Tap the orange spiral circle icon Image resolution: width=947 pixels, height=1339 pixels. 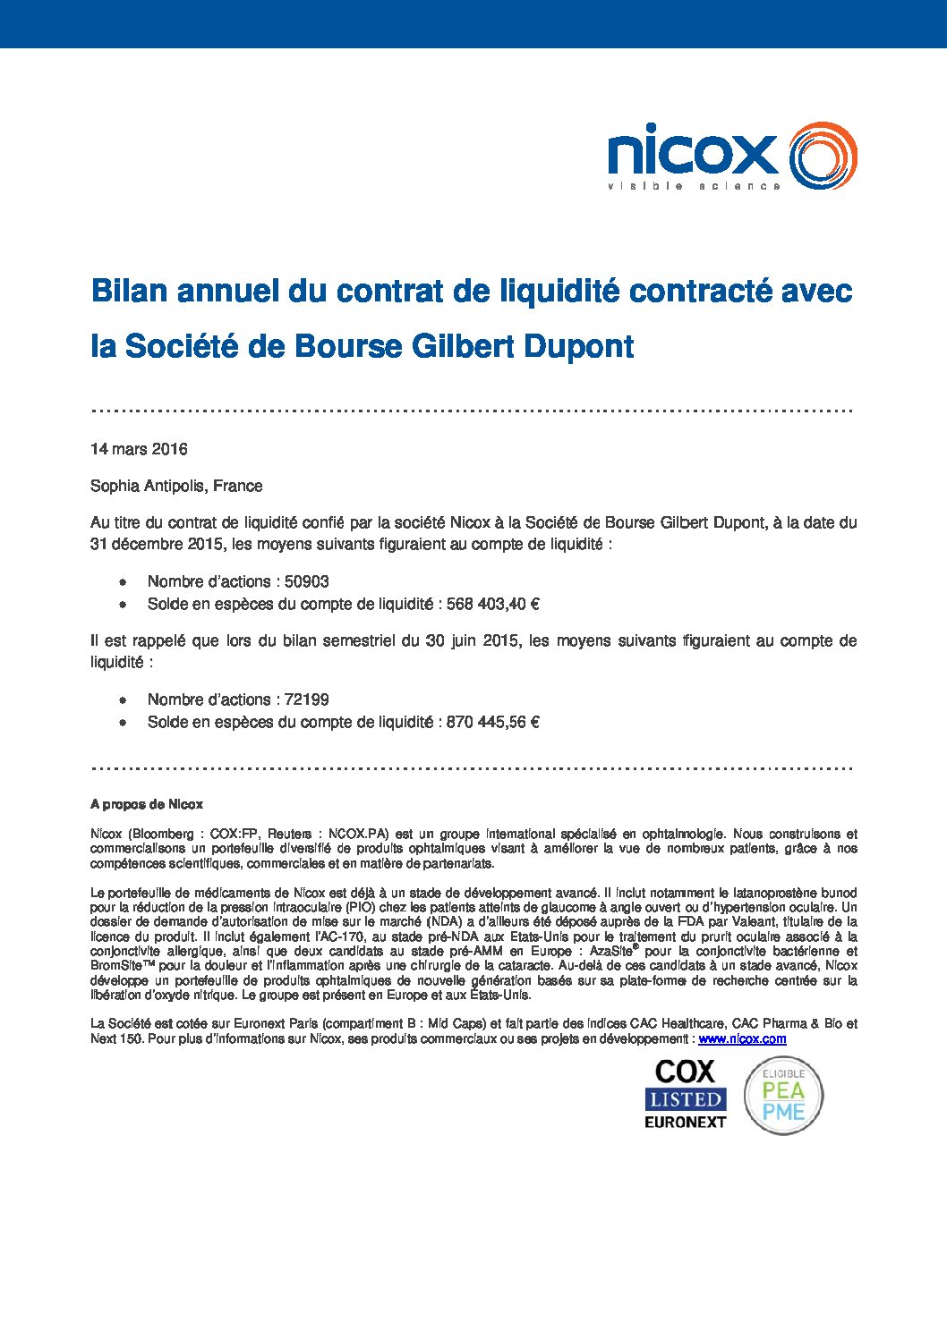tap(823, 156)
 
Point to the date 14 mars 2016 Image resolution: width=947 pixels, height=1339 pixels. tap(139, 449)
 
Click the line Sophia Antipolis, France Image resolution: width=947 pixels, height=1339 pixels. tap(176, 486)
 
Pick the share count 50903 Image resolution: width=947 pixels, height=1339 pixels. tap(307, 581)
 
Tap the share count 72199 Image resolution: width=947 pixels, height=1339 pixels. tap(307, 699)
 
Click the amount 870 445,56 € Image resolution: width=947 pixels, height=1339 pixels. tap(492, 722)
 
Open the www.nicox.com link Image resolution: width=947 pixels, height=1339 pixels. tap(742, 1038)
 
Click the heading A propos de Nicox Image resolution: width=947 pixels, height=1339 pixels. tap(147, 804)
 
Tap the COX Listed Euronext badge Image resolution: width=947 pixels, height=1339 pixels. tap(686, 1094)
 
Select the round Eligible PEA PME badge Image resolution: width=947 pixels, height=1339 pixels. tap(783, 1095)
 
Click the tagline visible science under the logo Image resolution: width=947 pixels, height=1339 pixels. tap(694, 186)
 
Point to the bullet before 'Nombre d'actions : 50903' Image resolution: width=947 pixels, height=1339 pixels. tap(124, 582)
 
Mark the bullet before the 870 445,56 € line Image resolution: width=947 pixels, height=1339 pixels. tap(124, 723)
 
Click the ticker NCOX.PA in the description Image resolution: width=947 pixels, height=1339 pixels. tap(359, 834)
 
